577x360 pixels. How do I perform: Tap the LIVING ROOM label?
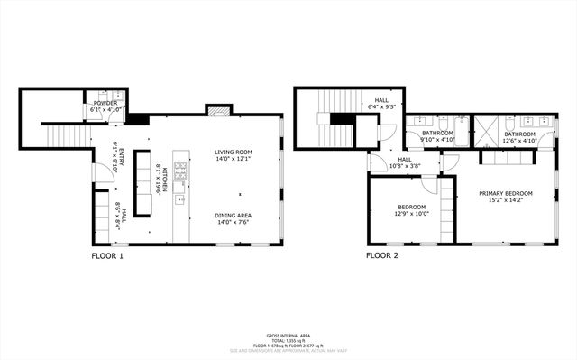tap(233, 152)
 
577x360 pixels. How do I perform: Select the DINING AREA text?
tap(233, 215)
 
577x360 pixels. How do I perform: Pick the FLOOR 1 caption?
tap(107, 255)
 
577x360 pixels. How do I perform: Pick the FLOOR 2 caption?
tap(381, 255)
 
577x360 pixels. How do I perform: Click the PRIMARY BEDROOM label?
tap(506, 193)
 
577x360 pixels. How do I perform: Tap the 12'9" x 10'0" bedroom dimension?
tap(411, 214)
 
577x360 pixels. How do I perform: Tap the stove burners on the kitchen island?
tap(180, 170)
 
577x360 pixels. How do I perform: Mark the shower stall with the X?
tap(487, 130)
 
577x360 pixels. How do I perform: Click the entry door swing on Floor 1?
tap(103, 174)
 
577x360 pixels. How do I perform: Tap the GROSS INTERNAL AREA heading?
tap(288, 333)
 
